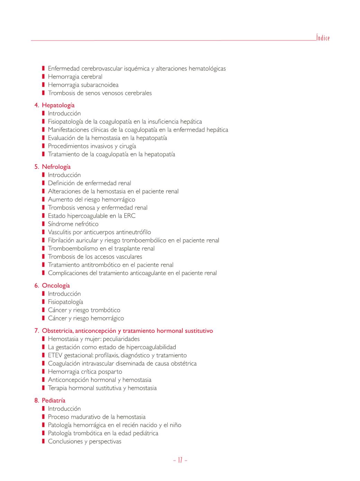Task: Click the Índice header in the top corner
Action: pos(323,38)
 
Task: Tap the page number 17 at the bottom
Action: pos(180,460)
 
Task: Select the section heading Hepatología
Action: pos(58,105)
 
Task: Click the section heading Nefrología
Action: pos(56,166)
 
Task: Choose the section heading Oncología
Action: pos(56,285)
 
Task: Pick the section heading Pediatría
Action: pos(53,400)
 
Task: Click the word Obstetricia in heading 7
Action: pos(57,330)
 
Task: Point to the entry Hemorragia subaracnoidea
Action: pos(83,85)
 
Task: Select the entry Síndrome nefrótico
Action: pos(73,224)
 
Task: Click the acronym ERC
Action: pos(130,216)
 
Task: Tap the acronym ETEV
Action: pos(55,355)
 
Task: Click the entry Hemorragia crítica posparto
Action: pos(85,371)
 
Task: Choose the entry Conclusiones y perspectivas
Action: pos(85,441)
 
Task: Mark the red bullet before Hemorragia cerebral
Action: pos(43,77)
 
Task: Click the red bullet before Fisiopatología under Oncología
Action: pos(43,302)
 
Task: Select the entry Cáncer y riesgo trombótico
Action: pos(84,310)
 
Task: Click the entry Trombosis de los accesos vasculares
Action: pos(95,257)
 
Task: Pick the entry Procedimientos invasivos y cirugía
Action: pos(92,146)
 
